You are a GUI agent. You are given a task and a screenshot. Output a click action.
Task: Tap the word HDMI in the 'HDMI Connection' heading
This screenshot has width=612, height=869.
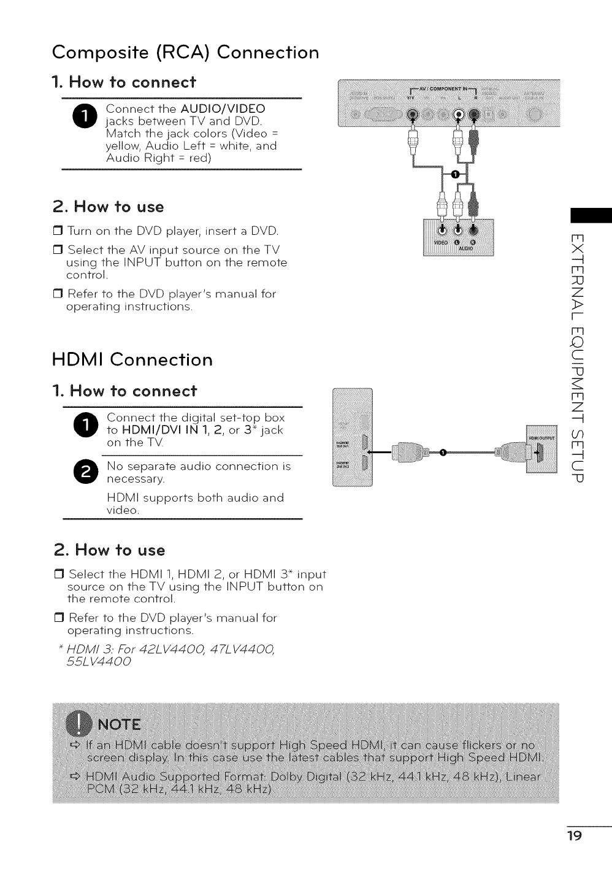(78, 359)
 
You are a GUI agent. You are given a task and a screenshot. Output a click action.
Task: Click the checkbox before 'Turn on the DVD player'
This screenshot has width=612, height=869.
(59, 231)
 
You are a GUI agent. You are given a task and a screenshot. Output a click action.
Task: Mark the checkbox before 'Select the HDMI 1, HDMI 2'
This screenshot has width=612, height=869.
(59, 575)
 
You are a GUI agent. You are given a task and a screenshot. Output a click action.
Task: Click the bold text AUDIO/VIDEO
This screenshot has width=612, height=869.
(223, 109)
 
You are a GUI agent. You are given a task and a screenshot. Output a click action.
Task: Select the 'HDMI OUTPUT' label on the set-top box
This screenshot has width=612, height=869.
(541, 438)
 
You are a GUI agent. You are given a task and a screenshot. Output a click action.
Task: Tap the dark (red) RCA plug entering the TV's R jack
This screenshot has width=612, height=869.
(473, 136)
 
